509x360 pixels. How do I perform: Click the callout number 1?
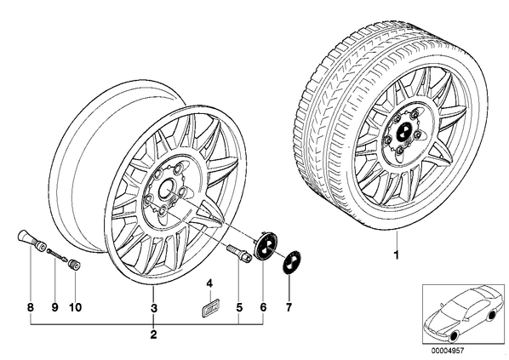396,255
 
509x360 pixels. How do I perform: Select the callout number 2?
153,334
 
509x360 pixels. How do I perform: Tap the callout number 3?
154,308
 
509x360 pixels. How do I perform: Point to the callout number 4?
209,283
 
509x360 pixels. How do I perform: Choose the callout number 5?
239,307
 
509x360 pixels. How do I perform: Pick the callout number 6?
263,307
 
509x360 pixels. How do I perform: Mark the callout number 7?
289,307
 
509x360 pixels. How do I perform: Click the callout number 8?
31,307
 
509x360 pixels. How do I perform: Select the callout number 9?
54,307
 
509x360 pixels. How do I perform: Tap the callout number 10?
75,307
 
